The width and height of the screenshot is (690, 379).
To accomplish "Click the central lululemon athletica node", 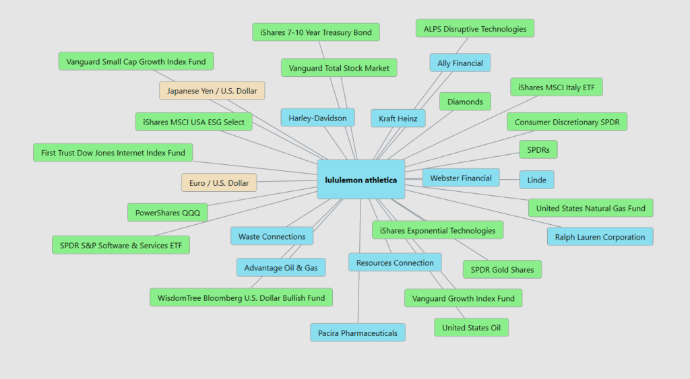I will click(360, 180).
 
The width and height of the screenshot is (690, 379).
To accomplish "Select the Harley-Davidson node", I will click(317, 118).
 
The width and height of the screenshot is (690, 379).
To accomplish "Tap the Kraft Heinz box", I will click(398, 118).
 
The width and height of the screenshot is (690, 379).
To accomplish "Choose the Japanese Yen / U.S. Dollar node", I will click(212, 90).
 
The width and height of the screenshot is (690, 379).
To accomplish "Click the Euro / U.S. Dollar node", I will click(219, 182).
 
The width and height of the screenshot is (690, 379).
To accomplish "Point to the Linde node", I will click(536, 179).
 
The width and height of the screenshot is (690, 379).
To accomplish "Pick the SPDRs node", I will click(538, 149).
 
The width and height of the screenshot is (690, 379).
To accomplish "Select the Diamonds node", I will click(465, 102).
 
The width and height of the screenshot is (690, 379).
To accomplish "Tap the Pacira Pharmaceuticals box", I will click(358, 333).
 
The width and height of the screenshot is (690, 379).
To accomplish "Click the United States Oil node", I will click(471, 328).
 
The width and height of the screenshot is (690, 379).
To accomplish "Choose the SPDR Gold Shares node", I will click(502, 269).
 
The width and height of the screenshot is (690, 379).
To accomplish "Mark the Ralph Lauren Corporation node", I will click(600, 237).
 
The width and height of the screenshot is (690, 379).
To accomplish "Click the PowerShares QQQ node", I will click(168, 213).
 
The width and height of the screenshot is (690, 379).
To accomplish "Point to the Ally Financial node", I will click(460, 63).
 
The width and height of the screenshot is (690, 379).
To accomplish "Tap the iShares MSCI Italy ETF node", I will click(556, 87).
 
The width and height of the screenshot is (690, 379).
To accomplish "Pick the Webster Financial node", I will click(461, 178).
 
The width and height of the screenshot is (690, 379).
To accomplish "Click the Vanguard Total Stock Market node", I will click(339, 68).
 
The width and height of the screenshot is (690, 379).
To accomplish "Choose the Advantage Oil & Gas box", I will click(281, 267).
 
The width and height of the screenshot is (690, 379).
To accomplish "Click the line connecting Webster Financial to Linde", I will click(509, 178).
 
